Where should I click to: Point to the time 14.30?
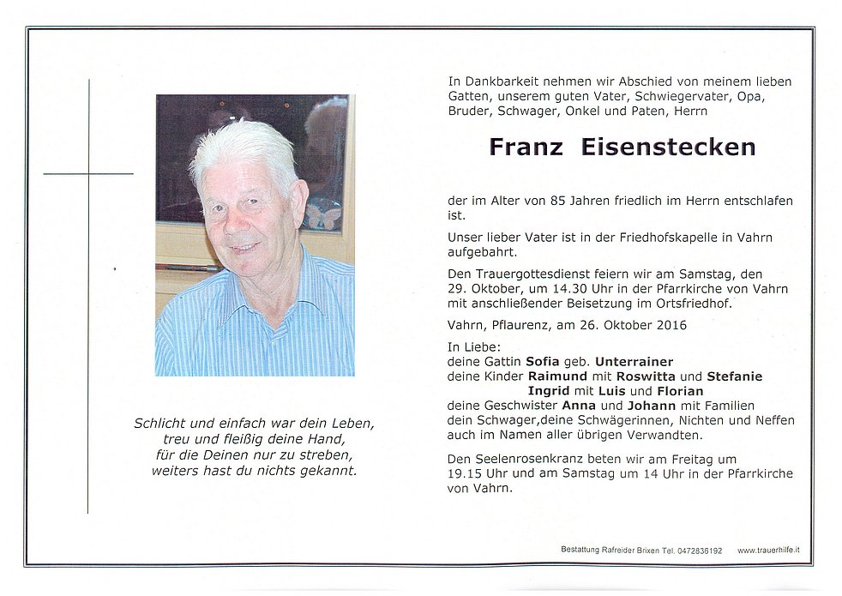(x=584, y=288)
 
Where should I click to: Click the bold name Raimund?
(x=557, y=376)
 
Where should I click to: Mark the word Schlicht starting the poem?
(x=158, y=424)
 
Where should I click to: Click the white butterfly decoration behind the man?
(x=323, y=214)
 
